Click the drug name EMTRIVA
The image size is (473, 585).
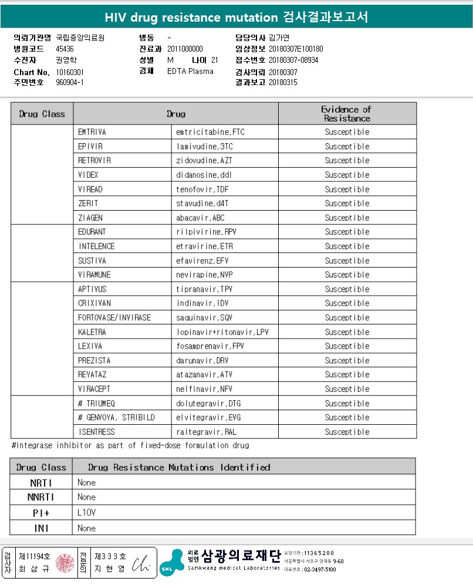click(x=92, y=132)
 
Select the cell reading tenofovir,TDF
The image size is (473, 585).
click(x=202, y=190)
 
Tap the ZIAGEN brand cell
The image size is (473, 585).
click(x=90, y=218)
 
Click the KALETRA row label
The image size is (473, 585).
click(x=92, y=332)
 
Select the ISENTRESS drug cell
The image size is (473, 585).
click(x=96, y=432)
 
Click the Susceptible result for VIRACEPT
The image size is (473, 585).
click(x=347, y=389)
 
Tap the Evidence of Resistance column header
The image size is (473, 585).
click(x=347, y=113)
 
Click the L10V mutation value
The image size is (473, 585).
click(x=86, y=512)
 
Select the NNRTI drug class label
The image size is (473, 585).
click(x=41, y=497)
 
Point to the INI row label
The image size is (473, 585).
click(x=41, y=528)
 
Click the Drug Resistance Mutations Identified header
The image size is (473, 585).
click(x=179, y=467)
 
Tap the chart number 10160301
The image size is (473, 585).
click(x=70, y=72)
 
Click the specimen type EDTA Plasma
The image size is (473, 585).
click(x=190, y=72)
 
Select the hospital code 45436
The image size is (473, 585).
click(x=65, y=49)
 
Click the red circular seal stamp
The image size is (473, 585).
click(x=64, y=563)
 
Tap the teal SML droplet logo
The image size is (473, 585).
click(x=171, y=562)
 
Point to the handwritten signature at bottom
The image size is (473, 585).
click(x=140, y=562)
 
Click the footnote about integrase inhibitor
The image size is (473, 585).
click(x=130, y=445)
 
